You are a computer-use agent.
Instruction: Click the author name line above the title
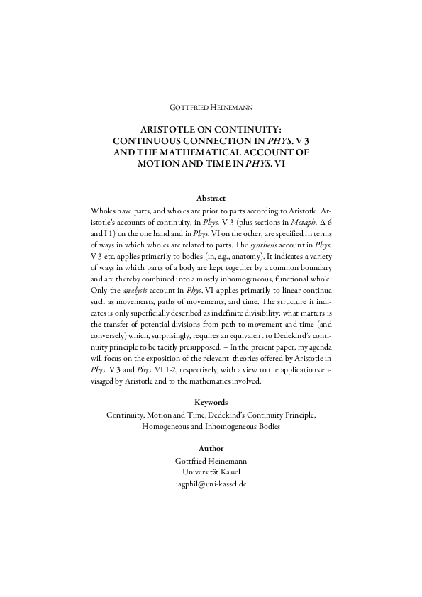click(x=211, y=108)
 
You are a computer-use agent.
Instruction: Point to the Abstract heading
click(x=211, y=199)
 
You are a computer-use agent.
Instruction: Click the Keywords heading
click(x=211, y=402)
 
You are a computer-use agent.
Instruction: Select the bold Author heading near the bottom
click(x=211, y=448)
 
